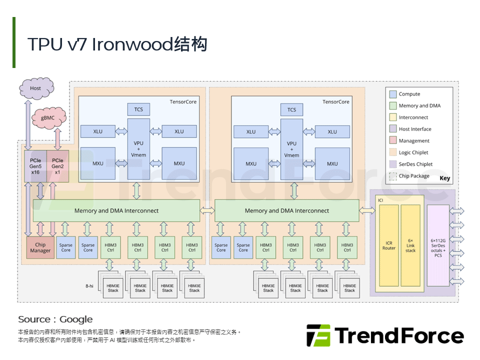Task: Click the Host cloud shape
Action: [x=35, y=88]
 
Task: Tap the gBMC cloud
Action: [x=49, y=119]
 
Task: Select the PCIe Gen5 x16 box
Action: [x=35, y=166]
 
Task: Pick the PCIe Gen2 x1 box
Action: [x=57, y=166]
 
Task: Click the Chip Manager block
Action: [x=40, y=247]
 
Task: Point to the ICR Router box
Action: [x=388, y=245]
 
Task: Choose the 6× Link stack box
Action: [x=410, y=245]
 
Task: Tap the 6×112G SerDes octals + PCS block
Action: [x=438, y=245]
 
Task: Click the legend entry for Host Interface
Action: [x=414, y=129]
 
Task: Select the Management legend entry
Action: [x=413, y=141]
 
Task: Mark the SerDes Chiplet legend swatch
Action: [x=392, y=164]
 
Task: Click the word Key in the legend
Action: [x=444, y=178]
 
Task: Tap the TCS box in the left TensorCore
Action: [x=138, y=109]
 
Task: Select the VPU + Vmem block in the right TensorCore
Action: [x=291, y=148]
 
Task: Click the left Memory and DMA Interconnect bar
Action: [x=116, y=210]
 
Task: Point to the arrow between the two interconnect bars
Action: [x=207, y=210]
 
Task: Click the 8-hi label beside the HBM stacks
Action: [x=89, y=285]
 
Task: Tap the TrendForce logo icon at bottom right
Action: [x=318, y=335]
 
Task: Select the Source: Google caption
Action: [x=55, y=319]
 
